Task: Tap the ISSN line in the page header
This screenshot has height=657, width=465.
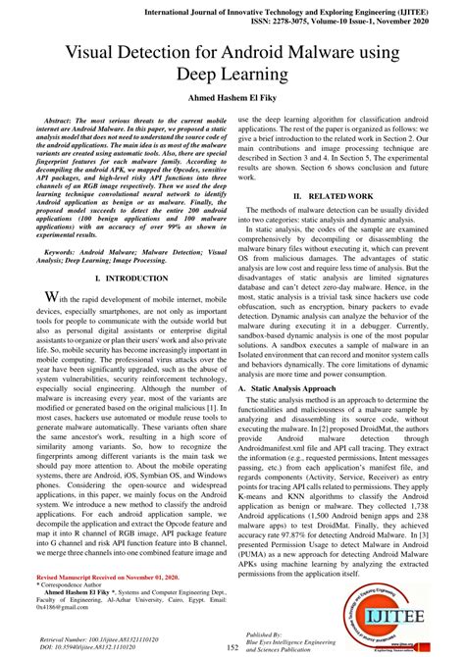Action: (335, 20)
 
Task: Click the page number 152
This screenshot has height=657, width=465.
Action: (232, 646)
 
